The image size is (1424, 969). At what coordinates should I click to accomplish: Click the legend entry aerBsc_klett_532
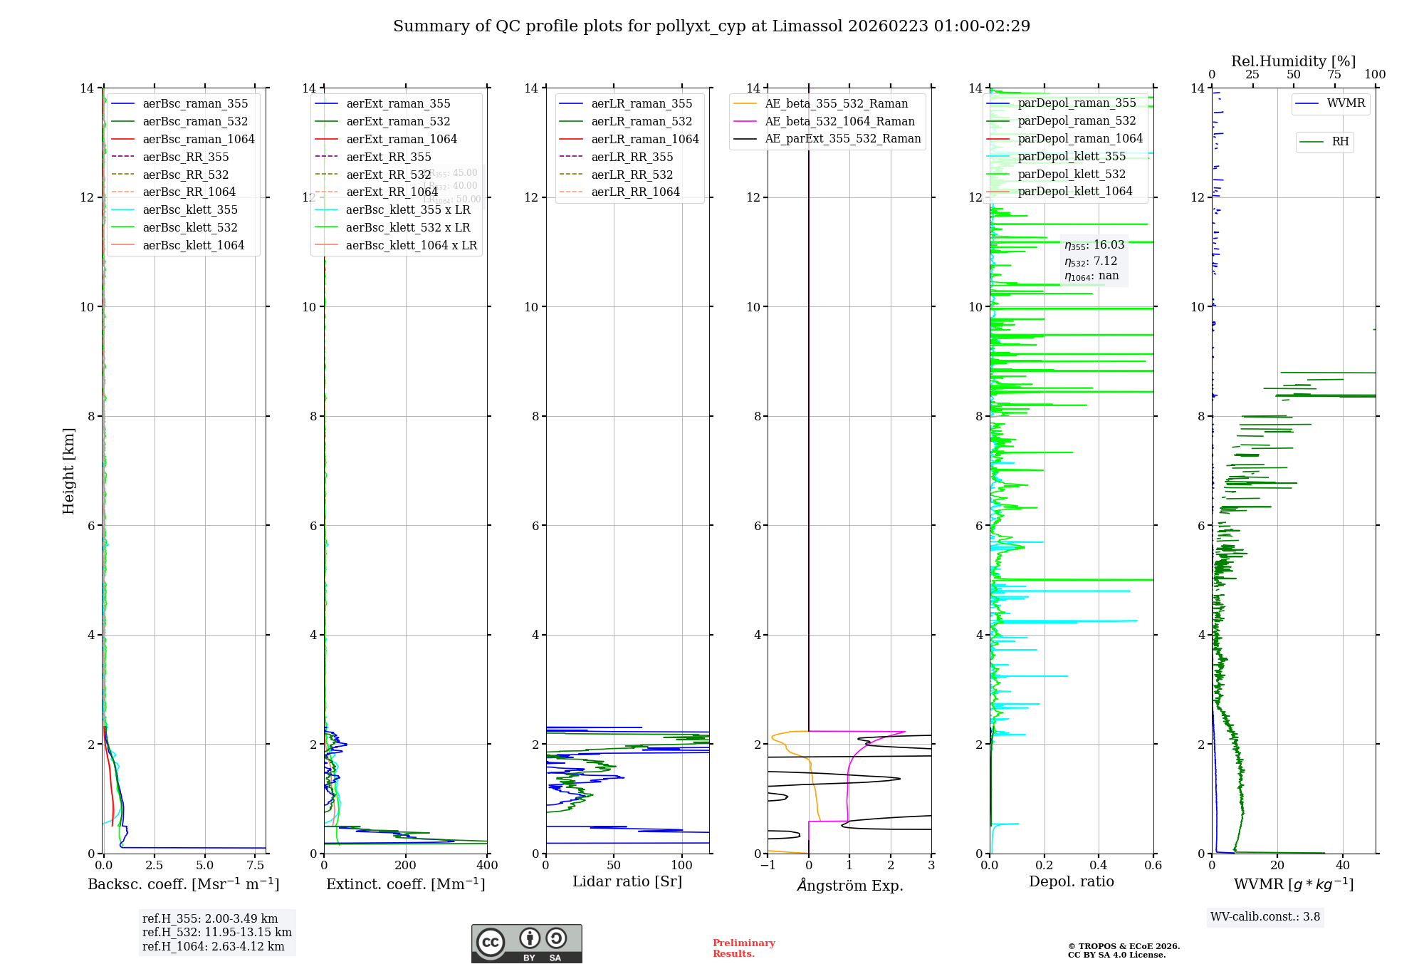[x=189, y=227]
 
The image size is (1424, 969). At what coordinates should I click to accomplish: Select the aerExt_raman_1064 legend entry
[x=402, y=139]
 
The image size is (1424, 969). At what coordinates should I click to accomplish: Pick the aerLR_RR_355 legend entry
[x=632, y=157]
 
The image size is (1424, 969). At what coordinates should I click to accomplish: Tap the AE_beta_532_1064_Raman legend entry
[x=839, y=121]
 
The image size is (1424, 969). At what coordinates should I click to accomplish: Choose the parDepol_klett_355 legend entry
[x=1072, y=156]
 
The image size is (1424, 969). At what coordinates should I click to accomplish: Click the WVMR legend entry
[x=1346, y=103]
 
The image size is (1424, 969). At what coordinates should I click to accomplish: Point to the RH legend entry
[x=1340, y=142]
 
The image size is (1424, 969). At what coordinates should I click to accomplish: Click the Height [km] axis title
[x=68, y=470]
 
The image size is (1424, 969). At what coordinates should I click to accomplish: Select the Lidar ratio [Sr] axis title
[x=627, y=882]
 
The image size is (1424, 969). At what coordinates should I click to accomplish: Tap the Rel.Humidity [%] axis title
[x=1293, y=61]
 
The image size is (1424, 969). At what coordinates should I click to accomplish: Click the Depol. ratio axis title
[x=1071, y=882]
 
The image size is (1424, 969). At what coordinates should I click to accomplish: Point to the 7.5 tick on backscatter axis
[x=256, y=866]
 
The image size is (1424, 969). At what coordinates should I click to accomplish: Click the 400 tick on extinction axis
[x=487, y=866]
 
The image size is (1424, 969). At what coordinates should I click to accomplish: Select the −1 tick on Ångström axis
[x=768, y=866]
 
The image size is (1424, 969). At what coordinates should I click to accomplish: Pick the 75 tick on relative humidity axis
[x=1334, y=75]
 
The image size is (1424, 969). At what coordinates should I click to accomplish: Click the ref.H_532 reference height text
[x=216, y=932]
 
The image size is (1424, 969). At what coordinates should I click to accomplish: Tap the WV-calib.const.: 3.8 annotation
[x=1265, y=917]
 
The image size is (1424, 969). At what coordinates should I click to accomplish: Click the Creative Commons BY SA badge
[x=526, y=944]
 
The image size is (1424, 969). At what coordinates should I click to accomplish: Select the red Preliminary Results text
[x=743, y=948]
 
